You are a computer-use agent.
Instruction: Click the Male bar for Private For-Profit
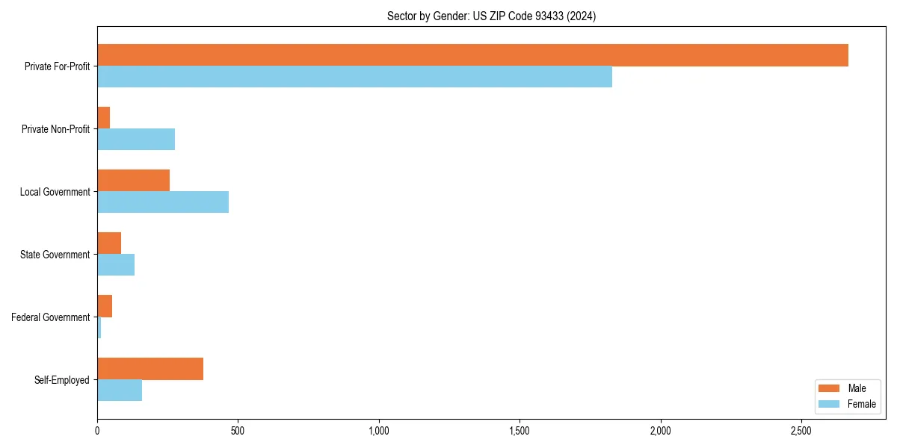[472, 55]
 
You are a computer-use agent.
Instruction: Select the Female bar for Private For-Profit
[354, 77]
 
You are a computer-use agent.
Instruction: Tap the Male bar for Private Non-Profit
[104, 118]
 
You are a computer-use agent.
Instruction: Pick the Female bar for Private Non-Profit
[136, 140]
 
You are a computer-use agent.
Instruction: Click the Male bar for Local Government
[134, 181]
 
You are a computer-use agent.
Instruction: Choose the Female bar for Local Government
[163, 202]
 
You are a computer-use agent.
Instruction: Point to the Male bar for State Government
[109, 243]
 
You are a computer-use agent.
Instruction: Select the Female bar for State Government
[116, 265]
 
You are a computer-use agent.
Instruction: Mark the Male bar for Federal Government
[105, 306]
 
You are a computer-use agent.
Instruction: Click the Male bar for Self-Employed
[150, 369]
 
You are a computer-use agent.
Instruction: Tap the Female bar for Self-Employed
[120, 391]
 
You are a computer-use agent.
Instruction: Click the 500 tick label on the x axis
[238, 432]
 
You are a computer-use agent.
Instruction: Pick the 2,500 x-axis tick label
[801, 432]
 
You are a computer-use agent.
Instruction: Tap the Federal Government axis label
[51, 317]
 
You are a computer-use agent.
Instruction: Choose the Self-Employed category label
[62, 380]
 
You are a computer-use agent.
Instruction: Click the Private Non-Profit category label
[55, 129]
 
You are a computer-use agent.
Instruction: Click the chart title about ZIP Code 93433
[491, 16]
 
